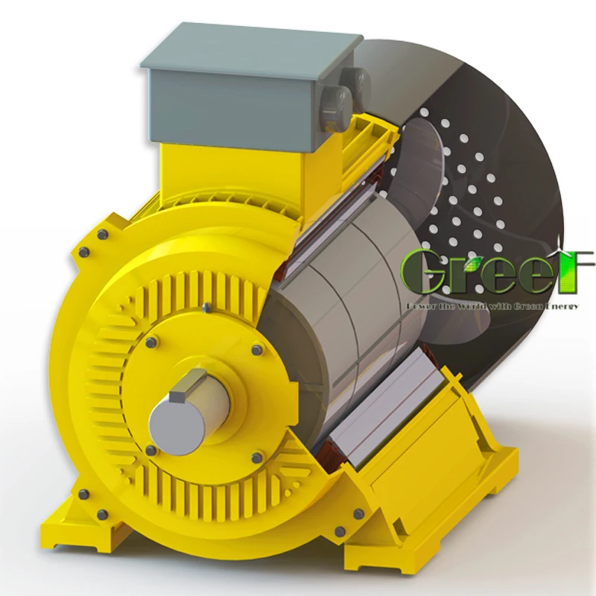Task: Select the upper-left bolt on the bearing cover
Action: [x=152, y=342]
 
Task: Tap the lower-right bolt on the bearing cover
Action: [x=257, y=457]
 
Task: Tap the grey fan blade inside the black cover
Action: [x=425, y=164]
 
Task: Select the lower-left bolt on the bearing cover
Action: [x=151, y=450]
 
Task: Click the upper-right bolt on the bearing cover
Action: [x=256, y=349]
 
